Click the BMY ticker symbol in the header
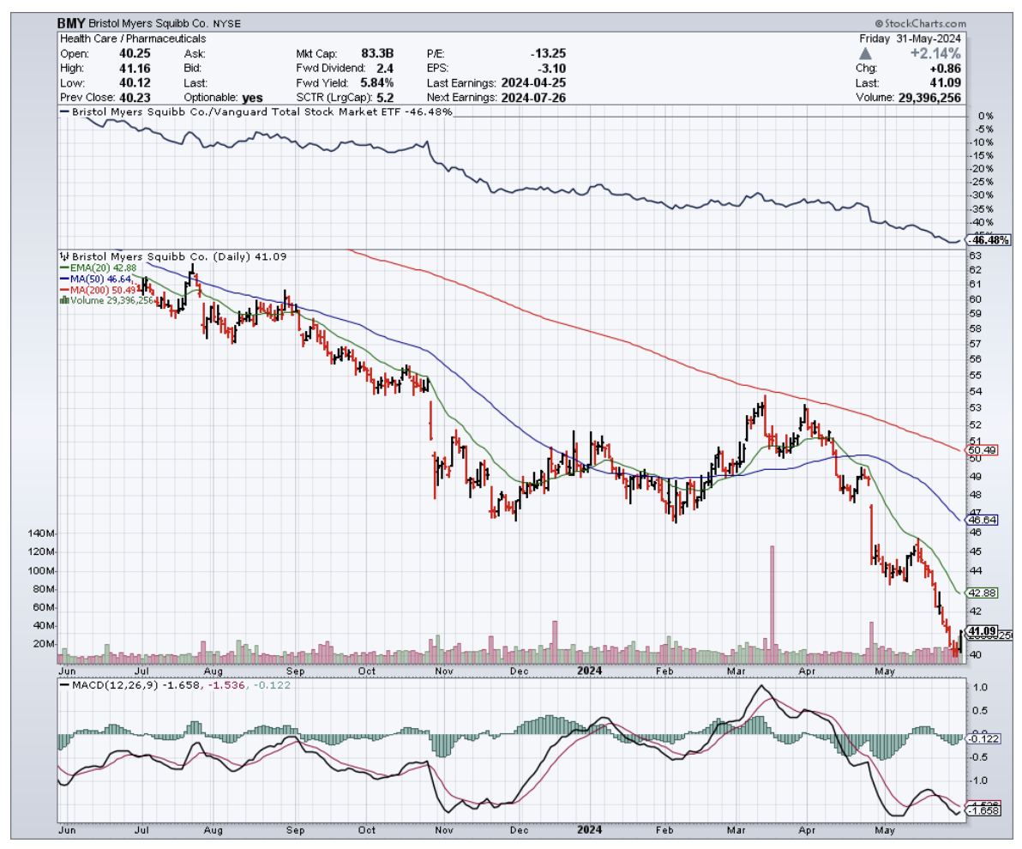(71, 24)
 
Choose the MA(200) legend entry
(103, 289)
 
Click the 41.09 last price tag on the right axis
(979, 631)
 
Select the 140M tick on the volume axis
(40, 533)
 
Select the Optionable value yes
(251, 98)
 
